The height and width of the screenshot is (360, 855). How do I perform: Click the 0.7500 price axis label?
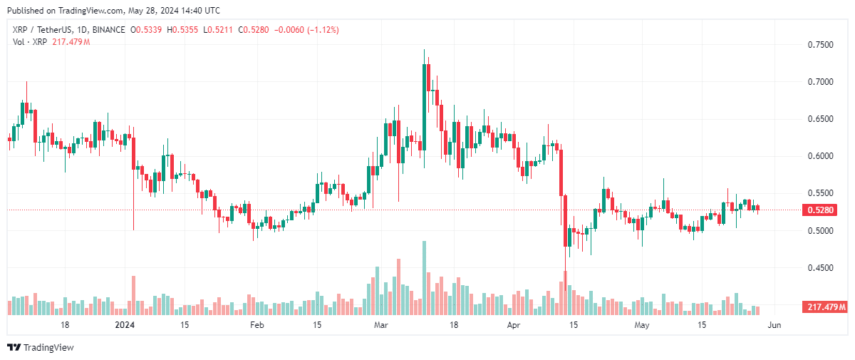point(819,45)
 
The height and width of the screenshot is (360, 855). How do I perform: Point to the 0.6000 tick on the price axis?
point(819,156)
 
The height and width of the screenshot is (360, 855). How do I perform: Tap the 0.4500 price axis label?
point(819,268)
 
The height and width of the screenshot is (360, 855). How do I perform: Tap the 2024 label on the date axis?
point(125,326)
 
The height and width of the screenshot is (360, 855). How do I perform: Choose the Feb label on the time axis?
point(256,326)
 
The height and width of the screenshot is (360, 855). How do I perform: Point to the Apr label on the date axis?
point(514,326)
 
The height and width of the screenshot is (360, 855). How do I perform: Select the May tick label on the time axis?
point(643,326)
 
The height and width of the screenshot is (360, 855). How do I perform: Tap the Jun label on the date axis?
point(774,326)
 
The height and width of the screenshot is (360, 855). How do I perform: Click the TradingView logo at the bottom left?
point(41,347)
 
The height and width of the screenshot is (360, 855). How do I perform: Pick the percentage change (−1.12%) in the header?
point(320,30)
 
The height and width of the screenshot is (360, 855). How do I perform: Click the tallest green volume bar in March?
point(424,278)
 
